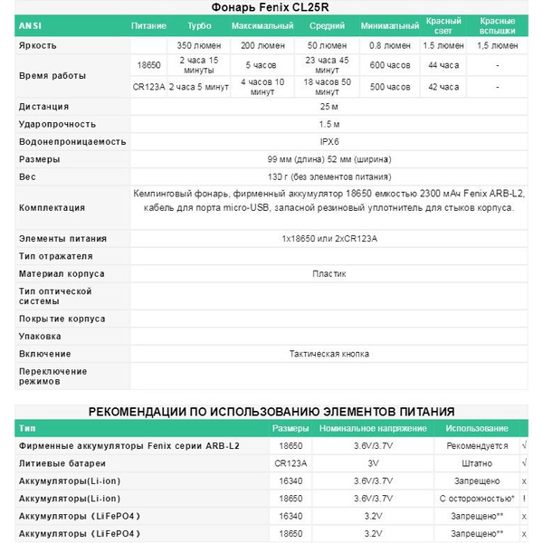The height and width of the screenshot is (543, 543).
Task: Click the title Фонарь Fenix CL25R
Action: tap(272, 7)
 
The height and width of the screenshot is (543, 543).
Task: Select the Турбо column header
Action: tap(200, 25)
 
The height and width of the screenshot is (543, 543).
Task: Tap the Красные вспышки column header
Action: tap(497, 25)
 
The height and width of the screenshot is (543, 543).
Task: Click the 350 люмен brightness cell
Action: tap(200, 44)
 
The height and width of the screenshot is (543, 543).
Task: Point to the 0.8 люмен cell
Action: tap(389, 44)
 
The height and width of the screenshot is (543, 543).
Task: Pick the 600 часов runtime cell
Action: tap(389, 65)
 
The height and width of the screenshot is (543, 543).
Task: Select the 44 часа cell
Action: tap(444, 65)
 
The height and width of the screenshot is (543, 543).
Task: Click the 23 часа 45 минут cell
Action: tap(325, 65)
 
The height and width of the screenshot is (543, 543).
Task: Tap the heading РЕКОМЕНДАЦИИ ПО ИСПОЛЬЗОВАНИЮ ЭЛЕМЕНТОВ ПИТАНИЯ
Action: tap(271, 412)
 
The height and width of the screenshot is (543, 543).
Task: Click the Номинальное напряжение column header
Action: tap(371, 428)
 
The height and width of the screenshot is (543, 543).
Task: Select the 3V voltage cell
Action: tap(371, 462)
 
